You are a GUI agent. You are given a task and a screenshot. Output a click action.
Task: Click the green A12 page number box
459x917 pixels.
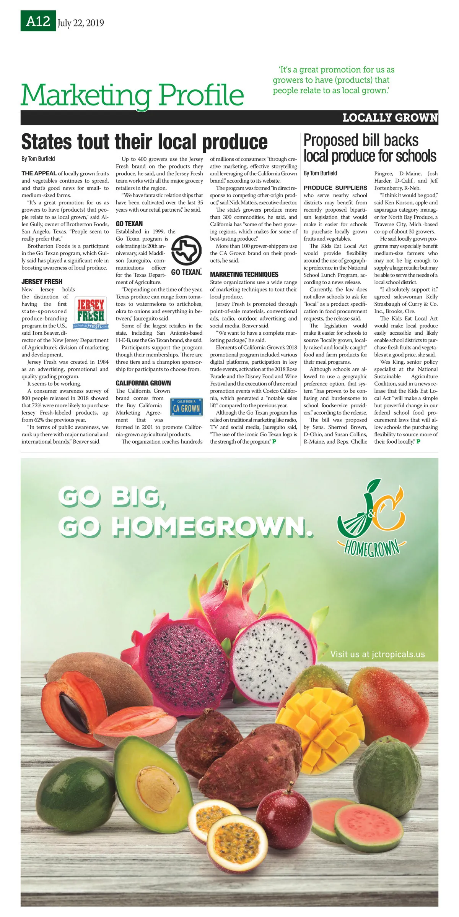(x=38, y=21)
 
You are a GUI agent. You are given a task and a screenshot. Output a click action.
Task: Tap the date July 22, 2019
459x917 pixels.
(x=81, y=23)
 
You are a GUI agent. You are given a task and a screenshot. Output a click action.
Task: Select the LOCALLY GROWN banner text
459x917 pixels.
(x=390, y=118)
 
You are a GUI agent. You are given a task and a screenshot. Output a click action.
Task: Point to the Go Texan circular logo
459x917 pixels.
(x=186, y=251)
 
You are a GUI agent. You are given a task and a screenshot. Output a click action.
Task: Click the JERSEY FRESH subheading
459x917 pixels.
(x=42, y=282)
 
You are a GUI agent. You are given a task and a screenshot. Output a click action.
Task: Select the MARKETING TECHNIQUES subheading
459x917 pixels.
(x=244, y=274)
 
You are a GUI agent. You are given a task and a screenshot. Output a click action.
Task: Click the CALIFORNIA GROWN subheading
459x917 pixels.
(x=143, y=383)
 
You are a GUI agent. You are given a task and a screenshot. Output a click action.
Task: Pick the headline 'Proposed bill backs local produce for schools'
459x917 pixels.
(x=369, y=148)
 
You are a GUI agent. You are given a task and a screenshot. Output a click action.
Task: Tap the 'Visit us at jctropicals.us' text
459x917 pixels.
(x=378, y=654)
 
